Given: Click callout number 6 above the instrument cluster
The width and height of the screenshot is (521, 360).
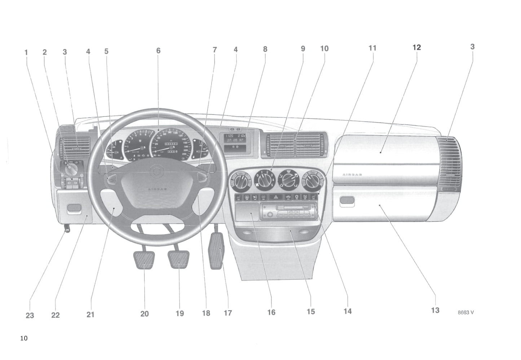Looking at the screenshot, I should point(158,51).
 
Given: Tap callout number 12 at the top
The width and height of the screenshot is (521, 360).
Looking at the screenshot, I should point(416,47).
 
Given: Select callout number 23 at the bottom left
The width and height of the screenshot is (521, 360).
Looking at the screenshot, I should point(30,315).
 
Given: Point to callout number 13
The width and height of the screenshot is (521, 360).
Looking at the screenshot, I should point(435,310).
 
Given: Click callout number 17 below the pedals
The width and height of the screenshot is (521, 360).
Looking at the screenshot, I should point(228,313).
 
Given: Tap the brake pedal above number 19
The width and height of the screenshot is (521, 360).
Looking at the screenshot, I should point(179,260).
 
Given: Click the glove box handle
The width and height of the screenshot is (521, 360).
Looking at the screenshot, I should point(347,200).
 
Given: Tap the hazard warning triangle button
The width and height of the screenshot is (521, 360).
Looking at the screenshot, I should point(276,197).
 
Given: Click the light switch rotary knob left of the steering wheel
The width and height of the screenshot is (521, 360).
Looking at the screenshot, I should point(70,168).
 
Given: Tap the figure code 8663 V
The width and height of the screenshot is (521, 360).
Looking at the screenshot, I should point(465,312).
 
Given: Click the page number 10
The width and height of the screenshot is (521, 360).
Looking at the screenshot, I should point(24,338).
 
